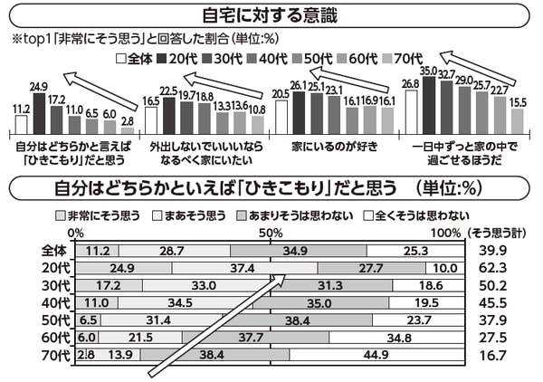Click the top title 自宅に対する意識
[271, 14]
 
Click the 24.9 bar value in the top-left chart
[38, 87]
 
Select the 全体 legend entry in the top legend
[136, 59]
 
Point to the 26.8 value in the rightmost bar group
[410, 83]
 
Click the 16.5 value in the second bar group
[151, 100]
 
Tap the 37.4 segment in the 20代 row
[243, 268]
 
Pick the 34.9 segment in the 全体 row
[299, 251]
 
